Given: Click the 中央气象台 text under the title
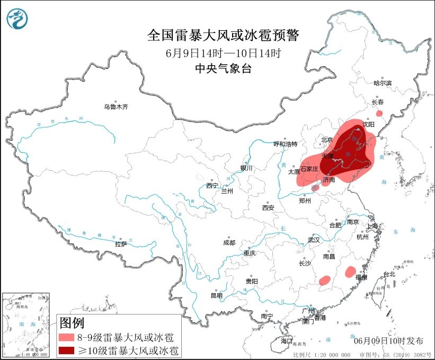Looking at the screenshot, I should pos(223,68).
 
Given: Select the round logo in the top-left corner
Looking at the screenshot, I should pos(17,19).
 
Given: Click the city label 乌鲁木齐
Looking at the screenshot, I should pos(116,107).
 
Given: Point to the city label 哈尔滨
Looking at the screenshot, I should pos(383,83).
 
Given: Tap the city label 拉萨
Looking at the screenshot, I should pos(121,244).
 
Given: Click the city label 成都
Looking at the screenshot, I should pos(229,243).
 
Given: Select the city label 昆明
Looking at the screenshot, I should pos(217,295).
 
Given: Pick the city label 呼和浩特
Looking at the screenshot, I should pos(286,144).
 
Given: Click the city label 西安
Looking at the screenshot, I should pos(268,208).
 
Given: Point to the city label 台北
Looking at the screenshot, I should pos(389,274).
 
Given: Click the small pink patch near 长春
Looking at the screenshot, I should pos(379,113).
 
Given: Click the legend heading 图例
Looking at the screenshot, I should pos(72,322).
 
